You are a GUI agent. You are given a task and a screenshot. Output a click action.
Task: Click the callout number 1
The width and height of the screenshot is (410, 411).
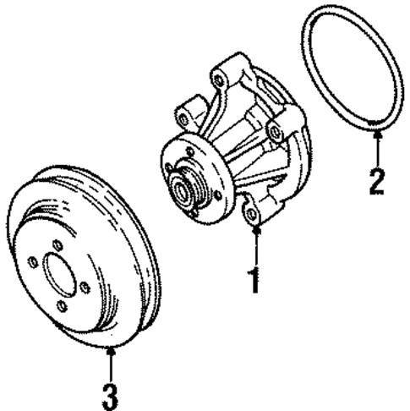(254, 278)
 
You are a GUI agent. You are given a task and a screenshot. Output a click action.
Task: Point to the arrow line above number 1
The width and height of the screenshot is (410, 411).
(254, 245)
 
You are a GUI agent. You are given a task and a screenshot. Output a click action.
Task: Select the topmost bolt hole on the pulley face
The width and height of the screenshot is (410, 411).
(57, 245)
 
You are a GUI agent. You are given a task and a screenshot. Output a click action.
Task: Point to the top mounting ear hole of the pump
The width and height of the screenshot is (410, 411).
(219, 80)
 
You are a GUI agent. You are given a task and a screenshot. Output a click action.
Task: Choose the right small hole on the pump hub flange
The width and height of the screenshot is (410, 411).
(217, 195)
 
